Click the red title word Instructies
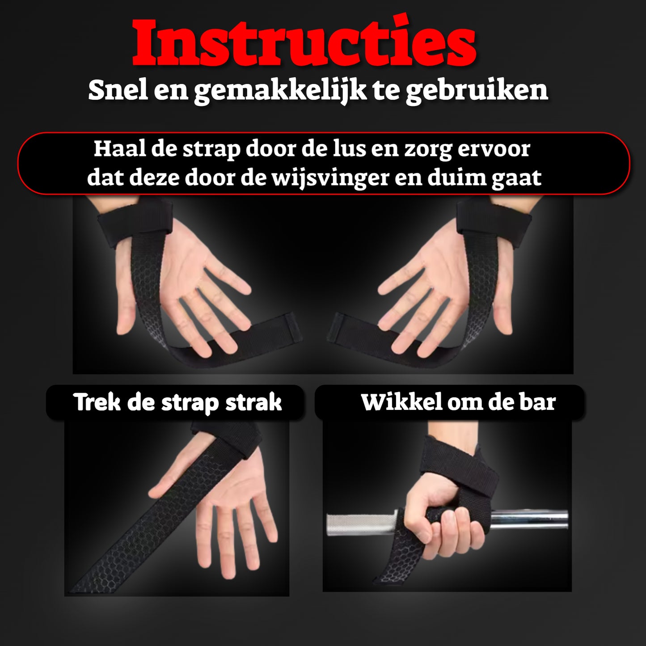(304, 43)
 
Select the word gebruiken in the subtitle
(477, 91)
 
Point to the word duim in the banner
(456, 178)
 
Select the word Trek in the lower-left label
(97, 402)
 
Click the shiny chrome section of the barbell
(530, 520)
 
